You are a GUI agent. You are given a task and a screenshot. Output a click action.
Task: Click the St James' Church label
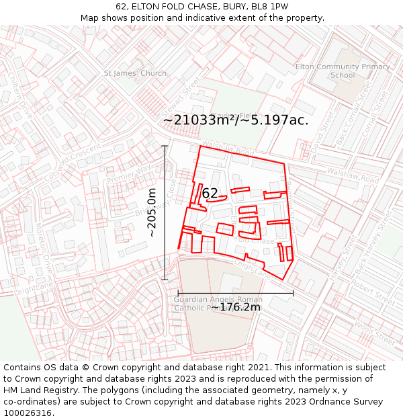click(135, 73)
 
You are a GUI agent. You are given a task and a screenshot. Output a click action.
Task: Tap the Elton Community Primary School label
click(343, 71)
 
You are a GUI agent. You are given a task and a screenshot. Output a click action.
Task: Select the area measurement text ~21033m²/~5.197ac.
click(236, 120)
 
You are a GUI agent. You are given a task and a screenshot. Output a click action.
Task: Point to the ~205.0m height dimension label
click(152, 212)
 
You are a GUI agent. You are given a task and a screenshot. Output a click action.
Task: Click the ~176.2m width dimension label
click(236, 307)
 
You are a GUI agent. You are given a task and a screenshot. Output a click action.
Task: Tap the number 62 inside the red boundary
click(210, 194)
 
